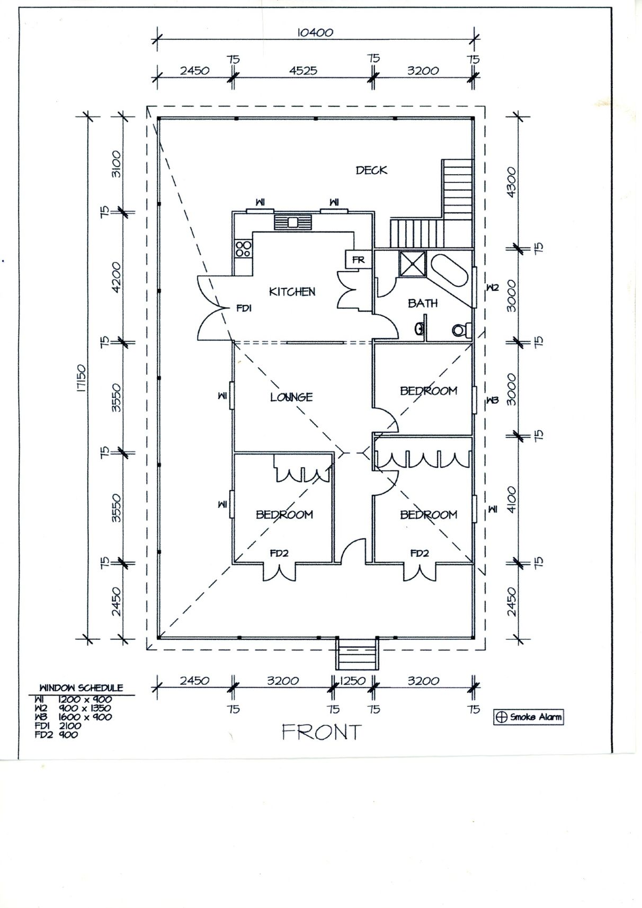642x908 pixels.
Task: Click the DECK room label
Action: (x=371, y=170)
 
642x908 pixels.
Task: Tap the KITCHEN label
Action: (x=292, y=291)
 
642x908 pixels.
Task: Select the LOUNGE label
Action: (x=291, y=397)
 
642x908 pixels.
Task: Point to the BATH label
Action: (x=423, y=303)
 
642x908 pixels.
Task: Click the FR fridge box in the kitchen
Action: (x=358, y=260)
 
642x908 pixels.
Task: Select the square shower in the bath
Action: (x=412, y=264)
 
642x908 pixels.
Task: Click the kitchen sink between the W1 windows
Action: (x=293, y=222)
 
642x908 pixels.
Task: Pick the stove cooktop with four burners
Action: (x=243, y=248)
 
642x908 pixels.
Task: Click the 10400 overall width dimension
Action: (x=315, y=32)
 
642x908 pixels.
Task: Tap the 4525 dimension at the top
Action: (x=303, y=70)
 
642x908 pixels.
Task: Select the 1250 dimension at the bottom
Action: (x=352, y=681)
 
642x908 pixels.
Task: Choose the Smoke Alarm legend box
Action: (x=529, y=717)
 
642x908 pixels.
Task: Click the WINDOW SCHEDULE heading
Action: (x=81, y=688)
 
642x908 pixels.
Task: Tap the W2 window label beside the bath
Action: (x=493, y=288)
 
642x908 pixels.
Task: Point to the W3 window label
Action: (x=493, y=400)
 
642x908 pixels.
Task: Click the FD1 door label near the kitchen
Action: (x=244, y=308)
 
